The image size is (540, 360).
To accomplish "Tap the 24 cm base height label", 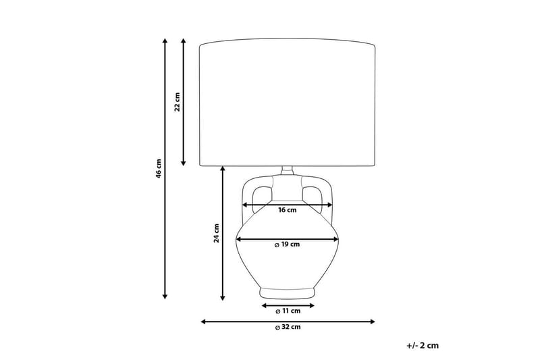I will point(216,233).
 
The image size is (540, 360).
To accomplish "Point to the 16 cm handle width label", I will point(288,210).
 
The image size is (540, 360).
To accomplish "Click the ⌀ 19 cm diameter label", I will point(287,245).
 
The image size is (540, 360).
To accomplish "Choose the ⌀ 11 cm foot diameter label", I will point(288,311).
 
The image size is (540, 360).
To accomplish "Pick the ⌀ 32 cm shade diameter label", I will point(288,328).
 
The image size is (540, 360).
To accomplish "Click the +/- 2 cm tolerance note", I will point(423,345).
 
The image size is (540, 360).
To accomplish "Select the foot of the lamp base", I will point(288,293).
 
